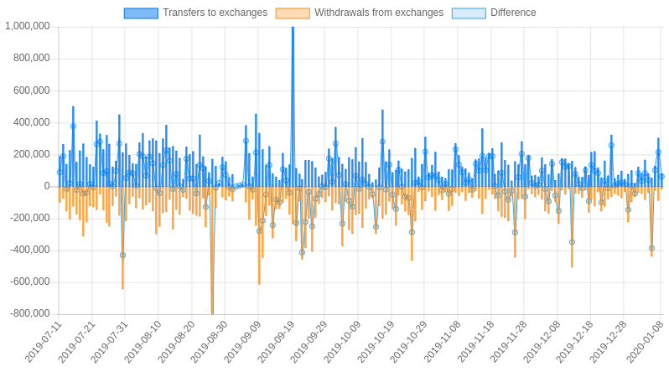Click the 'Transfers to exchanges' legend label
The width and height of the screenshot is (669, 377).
(215, 13)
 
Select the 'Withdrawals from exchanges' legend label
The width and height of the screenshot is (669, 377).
(378, 13)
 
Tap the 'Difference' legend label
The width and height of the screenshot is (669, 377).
(513, 13)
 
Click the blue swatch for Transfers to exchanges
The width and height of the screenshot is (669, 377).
(141, 13)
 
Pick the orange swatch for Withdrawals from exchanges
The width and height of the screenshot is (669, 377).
(293, 13)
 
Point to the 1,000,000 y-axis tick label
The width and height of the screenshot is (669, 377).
(28, 26)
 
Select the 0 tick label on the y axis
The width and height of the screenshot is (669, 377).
(47, 186)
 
